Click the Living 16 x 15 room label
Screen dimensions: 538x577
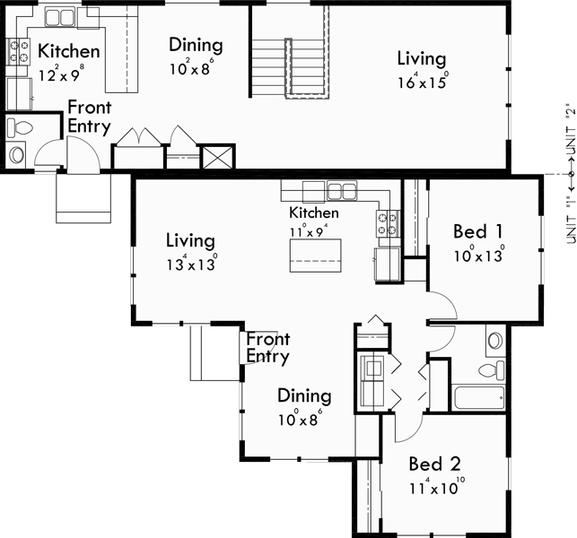tap(422, 59)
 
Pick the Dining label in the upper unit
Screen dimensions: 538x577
tap(196, 45)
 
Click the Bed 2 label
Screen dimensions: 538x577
tap(434, 464)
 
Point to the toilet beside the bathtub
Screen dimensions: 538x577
tap(493, 369)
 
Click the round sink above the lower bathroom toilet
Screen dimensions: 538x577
tap(495, 341)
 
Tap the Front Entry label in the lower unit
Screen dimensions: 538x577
tap(268, 348)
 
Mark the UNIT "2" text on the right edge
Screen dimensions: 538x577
tap(567, 126)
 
